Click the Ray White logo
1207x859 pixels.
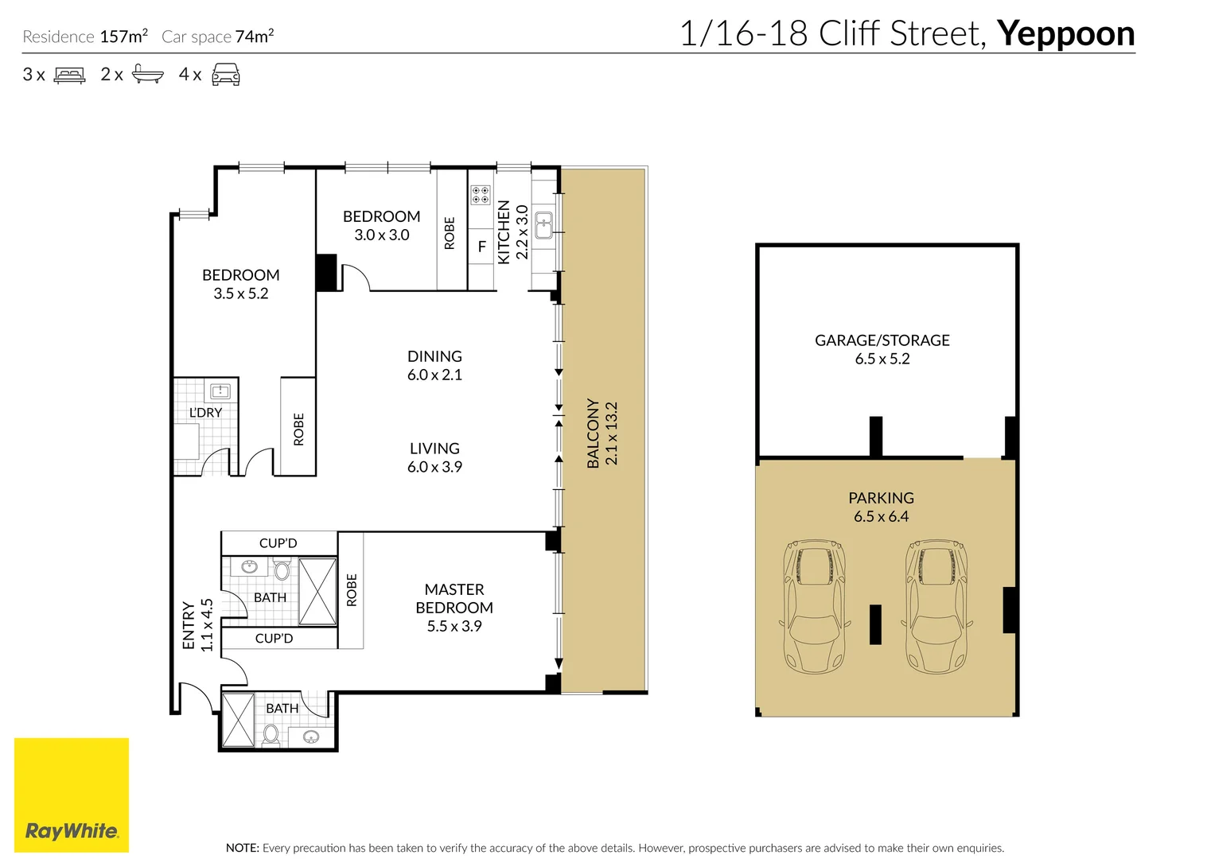pos(72,795)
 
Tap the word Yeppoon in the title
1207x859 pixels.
pos(1065,34)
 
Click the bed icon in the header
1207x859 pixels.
pos(69,76)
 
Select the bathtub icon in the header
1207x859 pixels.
pos(147,75)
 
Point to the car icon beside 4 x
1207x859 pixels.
pos(226,76)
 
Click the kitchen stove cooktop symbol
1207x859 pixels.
pos(480,195)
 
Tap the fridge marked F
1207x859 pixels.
pos(481,247)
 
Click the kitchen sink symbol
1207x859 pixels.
pos(543,225)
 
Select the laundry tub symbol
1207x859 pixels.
pos(220,391)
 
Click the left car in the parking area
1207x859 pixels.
pos(814,606)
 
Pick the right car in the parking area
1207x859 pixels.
pos(936,606)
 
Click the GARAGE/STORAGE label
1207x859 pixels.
pos(882,340)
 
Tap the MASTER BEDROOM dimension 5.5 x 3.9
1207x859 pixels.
pos(454,626)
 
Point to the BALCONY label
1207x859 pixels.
pos(593,433)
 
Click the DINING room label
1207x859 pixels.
pos(434,356)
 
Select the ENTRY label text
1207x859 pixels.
pos(189,625)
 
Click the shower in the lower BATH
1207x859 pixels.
pos(238,721)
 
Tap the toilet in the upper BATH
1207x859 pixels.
pos(282,569)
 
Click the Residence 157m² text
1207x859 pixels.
pos(85,37)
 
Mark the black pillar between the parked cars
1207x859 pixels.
pos(875,624)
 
